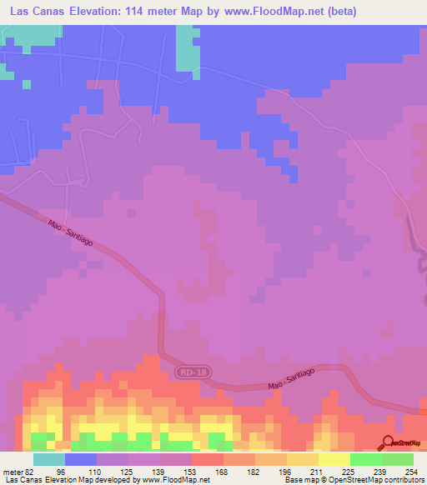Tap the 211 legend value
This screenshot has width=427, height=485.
pos(318,471)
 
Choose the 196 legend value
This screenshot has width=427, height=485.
pos(286,471)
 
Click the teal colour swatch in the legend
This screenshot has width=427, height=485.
pos(48,459)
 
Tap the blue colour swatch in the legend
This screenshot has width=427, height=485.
pos(80,459)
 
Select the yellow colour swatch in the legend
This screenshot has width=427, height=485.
pos(334,459)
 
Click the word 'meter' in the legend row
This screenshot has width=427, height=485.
pos(13,471)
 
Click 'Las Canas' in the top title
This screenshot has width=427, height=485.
pos(36,12)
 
